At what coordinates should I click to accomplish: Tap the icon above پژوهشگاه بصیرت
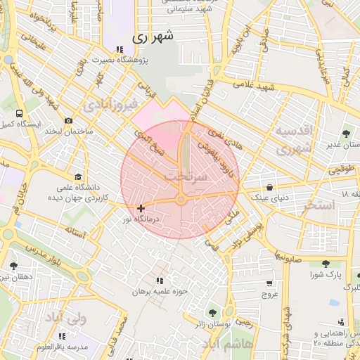coord(120,50)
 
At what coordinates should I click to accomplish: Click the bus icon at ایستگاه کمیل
coord(18,112)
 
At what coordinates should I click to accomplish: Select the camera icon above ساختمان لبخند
coord(68,120)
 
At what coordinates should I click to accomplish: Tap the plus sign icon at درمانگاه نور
coord(142,208)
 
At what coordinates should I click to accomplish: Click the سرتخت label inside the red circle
coord(186,176)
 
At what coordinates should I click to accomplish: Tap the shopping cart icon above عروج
coord(270,283)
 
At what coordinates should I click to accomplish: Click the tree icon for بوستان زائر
coord(212,313)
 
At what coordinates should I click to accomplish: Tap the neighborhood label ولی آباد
coord(65,318)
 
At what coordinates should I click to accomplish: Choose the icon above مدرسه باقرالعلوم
coord(63,336)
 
